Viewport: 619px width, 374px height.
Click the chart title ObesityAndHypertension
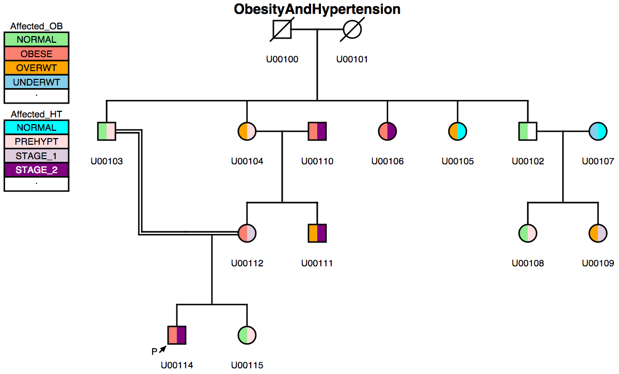[317, 9]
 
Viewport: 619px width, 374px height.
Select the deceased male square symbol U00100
[282, 29]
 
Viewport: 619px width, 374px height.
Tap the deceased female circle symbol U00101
[352, 29]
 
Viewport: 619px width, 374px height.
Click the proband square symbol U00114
[176, 335]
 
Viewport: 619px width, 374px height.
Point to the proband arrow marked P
[162, 350]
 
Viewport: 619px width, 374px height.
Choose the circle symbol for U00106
[387, 131]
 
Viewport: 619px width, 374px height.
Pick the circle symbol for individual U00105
[458, 131]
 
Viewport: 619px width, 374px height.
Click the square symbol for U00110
[317, 131]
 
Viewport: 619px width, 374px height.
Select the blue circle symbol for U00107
[598, 131]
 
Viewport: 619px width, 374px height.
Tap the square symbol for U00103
[106, 131]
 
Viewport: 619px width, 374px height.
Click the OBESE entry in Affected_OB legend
[36, 54]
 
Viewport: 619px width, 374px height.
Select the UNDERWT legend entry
[36, 82]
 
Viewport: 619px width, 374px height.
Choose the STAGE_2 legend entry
[36, 170]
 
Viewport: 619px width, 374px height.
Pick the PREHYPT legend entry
[36, 142]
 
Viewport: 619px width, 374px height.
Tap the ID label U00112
[247, 263]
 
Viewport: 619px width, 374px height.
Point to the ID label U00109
[598, 263]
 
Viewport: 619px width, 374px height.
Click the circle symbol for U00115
[247, 335]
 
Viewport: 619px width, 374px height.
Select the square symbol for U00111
[317, 233]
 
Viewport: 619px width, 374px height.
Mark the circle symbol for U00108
[528, 233]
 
